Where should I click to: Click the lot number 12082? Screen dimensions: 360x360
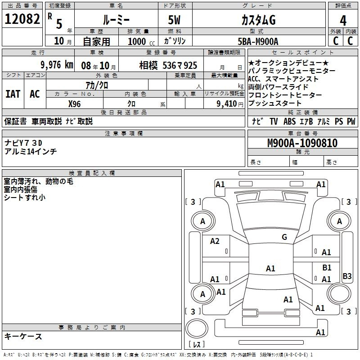[22, 19]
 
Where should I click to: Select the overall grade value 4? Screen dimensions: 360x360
[343, 21]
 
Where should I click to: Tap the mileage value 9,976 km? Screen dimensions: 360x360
[57, 65]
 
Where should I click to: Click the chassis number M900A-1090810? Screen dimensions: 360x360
[302, 143]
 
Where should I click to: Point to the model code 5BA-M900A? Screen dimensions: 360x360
[258, 41]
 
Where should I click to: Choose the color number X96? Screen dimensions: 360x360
[74, 104]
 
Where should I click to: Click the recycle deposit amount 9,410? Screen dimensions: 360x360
[227, 104]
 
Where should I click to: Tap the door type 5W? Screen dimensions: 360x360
[174, 20]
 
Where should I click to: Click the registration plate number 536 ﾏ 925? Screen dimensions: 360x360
[180, 66]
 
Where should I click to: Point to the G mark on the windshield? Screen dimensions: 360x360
[284, 237]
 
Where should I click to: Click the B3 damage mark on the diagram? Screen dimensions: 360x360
[347, 276]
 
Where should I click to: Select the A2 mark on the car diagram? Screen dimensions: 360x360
[215, 241]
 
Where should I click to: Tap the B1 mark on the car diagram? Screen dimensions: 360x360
[327, 267]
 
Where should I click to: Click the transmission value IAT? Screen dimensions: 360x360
[13, 94]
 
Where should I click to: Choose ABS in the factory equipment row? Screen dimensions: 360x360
[289, 121]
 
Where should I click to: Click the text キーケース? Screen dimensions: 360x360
[23, 336]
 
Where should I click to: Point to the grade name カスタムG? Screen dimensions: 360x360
[258, 20]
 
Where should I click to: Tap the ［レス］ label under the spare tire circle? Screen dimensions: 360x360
[197, 344]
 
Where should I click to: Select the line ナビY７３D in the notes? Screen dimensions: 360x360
[23, 143]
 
